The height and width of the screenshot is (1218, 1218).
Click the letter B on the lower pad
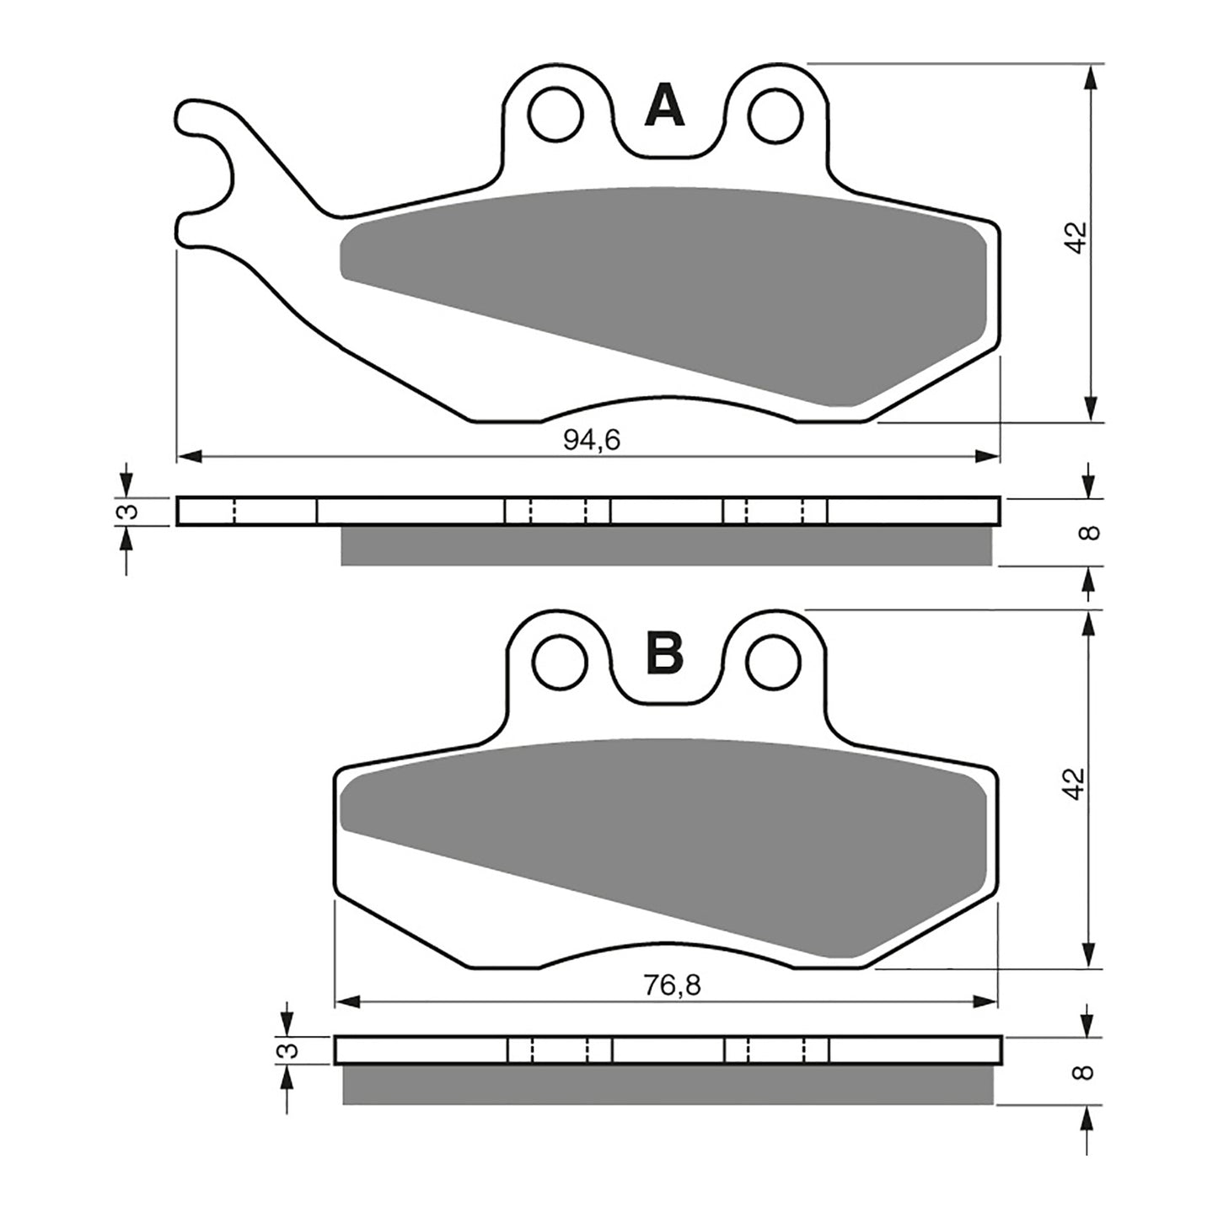664,653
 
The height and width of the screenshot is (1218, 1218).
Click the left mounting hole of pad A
555,114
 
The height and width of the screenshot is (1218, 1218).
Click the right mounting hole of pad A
774,115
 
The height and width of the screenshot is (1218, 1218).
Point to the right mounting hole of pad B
774,660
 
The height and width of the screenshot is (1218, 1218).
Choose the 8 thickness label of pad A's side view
1089,533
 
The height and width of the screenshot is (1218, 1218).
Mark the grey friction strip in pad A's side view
666,546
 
